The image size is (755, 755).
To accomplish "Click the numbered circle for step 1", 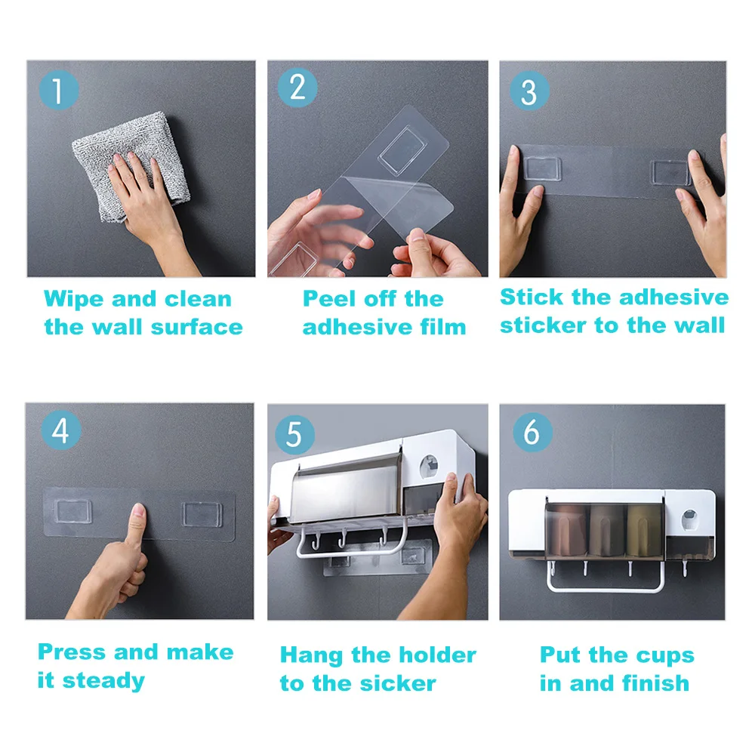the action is pos(58,90).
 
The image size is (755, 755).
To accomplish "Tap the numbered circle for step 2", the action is pos(297,87).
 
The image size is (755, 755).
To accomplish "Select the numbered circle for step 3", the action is pos(529,91).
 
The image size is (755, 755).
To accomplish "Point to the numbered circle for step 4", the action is pos(60,430).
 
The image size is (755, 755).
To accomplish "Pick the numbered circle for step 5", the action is pos(294,434).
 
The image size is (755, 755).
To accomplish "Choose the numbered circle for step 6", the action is pos(532,432).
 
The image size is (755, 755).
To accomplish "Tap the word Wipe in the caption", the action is pos(74,300).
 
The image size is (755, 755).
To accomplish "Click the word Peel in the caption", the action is pos(330,299).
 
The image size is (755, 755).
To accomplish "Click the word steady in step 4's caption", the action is pos(103,681).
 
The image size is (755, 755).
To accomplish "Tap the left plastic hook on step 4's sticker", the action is pos(73,511).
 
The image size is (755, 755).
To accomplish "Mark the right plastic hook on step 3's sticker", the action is pos(671,172).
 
